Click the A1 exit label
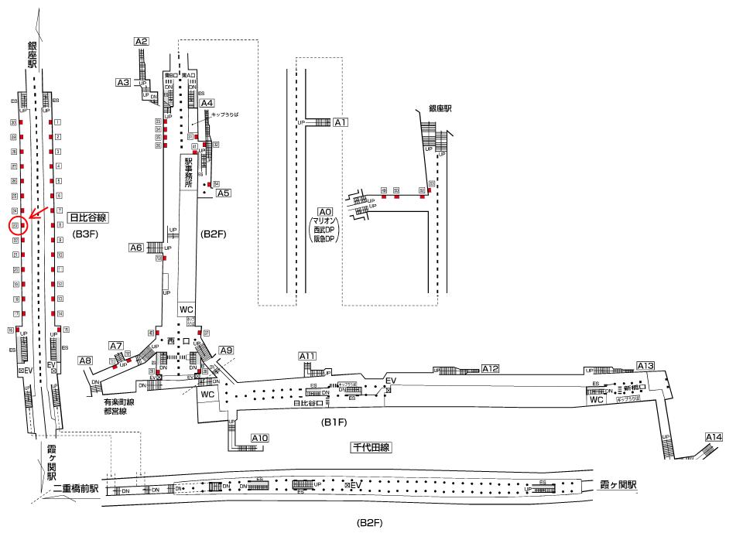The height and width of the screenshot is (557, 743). click(x=341, y=122)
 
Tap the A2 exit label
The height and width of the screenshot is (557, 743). click(x=141, y=41)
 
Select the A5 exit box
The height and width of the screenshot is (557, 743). click(x=224, y=193)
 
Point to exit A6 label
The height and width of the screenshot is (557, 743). click(x=136, y=248)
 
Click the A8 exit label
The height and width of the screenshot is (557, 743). click(x=85, y=360)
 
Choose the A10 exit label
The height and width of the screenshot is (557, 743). click(x=260, y=439)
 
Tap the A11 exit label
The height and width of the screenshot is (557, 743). click(x=308, y=356)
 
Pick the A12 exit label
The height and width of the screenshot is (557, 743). click(x=491, y=368)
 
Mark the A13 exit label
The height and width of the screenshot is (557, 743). click(x=645, y=365)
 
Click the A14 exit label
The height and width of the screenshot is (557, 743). click(x=714, y=438)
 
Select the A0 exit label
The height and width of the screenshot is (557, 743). click(x=325, y=212)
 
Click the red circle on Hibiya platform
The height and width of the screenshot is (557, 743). click(x=18, y=226)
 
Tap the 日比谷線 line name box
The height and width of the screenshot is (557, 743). click(x=87, y=217)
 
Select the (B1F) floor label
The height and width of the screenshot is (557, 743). click(x=334, y=423)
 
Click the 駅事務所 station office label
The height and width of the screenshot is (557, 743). click(x=187, y=175)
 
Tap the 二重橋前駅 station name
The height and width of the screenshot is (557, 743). click(x=73, y=489)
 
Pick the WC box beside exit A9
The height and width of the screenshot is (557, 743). click(x=207, y=394)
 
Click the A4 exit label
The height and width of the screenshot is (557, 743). click(x=207, y=103)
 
